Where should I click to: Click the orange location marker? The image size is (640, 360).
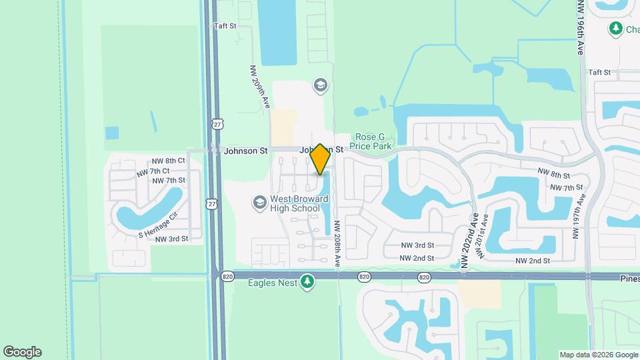point(320,159)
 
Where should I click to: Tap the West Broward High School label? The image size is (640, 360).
point(295,203)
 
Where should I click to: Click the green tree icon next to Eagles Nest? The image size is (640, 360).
point(307,282)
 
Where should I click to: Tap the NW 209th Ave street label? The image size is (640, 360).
point(259,87)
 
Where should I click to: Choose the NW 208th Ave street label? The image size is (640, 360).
point(338,241)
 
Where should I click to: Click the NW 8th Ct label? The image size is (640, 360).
point(168,161)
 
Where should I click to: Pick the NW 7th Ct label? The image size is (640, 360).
point(151,173)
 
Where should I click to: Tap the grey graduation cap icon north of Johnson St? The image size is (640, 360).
point(320,85)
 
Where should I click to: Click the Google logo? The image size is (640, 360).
point(22,352)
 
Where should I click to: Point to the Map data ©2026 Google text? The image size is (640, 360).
point(598,355)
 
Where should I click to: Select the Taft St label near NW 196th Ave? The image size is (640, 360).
point(599,72)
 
